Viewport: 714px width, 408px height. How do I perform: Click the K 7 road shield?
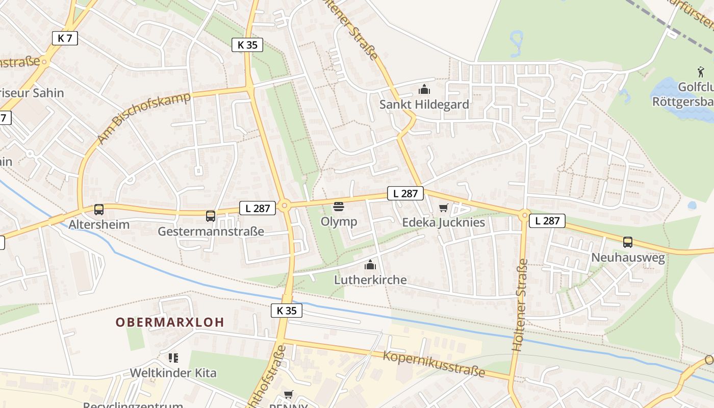coord(65,38)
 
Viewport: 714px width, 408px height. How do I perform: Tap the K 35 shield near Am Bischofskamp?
coord(247,45)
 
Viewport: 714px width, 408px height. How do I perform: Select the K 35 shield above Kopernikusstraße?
coord(286,310)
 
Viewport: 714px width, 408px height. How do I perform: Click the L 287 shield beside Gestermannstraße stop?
coord(258,208)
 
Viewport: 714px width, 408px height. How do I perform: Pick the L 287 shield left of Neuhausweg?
coord(547,221)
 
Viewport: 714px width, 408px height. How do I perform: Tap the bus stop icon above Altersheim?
coord(99,210)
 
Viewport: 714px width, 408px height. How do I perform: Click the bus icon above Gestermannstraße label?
coord(210,216)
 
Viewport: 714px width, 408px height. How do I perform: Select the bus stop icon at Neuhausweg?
coord(627,242)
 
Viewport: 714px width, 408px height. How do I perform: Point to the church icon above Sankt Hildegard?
coord(424,90)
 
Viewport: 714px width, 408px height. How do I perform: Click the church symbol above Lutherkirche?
coord(370,265)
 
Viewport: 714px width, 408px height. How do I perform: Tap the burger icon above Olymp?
coord(339,207)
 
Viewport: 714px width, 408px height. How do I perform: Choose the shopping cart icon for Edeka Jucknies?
coord(443,208)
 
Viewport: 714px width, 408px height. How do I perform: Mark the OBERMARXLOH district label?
coord(170,322)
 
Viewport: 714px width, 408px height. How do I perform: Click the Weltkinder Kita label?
coord(173,373)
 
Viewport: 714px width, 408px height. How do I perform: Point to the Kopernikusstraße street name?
coord(433,364)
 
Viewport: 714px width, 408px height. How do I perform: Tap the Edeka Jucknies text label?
coord(443,222)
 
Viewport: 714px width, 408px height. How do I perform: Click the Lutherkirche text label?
coord(370,279)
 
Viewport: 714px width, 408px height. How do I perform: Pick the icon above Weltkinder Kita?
coord(173,358)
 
